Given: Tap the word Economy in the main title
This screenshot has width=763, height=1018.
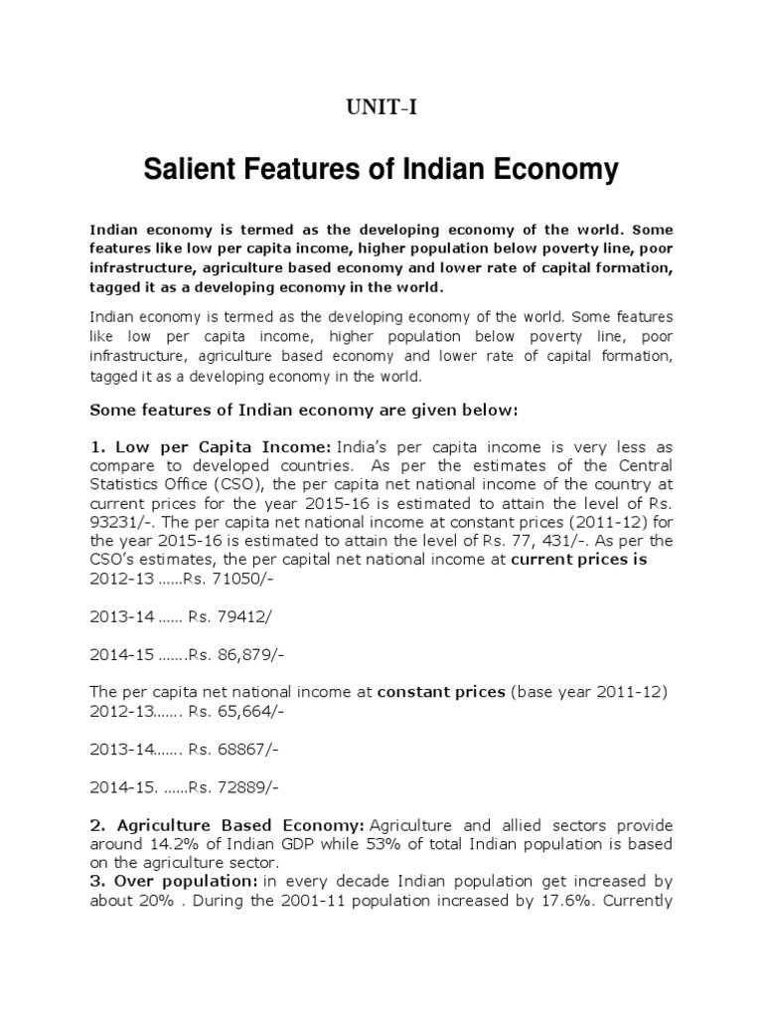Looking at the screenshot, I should click(554, 170).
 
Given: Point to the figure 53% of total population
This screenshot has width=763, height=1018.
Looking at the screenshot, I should click(422, 844).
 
